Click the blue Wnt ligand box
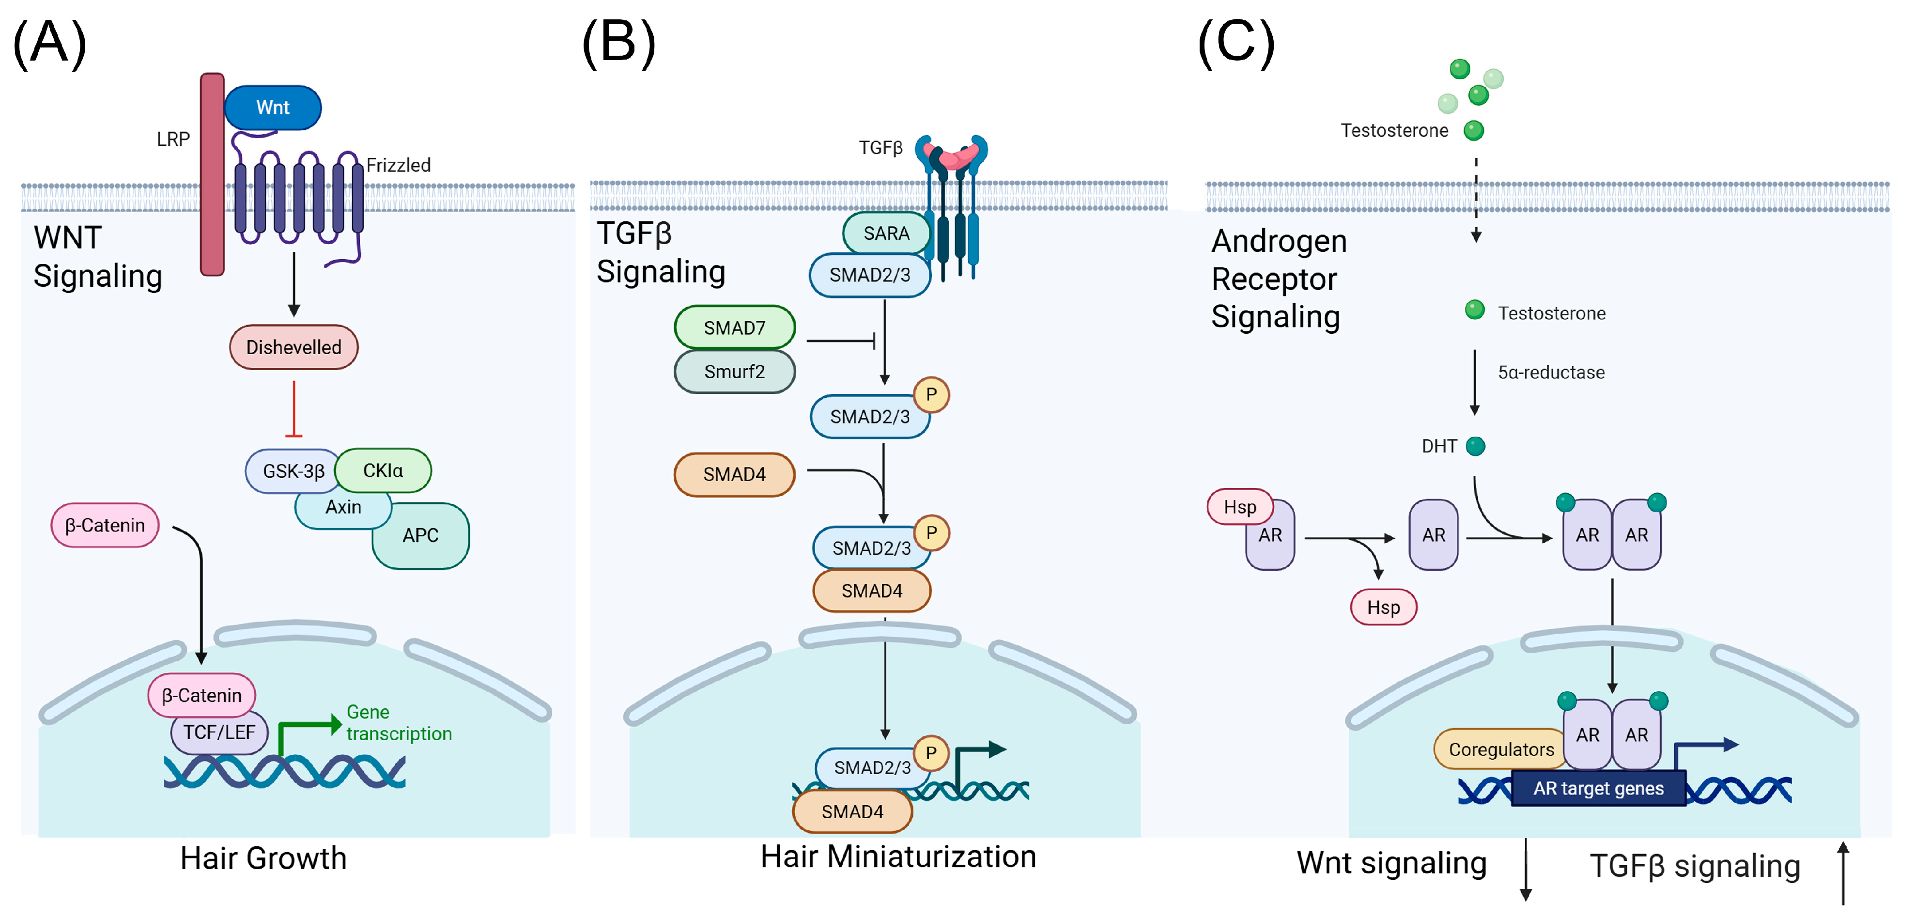click(x=273, y=108)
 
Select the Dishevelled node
click(x=293, y=347)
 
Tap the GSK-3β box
click(x=293, y=471)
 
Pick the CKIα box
click(x=383, y=470)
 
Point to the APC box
click(x=421, y=535)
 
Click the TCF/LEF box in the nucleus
click(x=219, y=733)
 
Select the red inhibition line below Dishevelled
click(x=294, y=409)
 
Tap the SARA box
click(x=886, y=234)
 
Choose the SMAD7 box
click(x=734, y=327)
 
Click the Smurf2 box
click(x=734, y=372)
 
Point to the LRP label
click(x=173, y=140)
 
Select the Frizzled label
click(x=399, y=165)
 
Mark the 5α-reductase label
click(x=1551, y=372)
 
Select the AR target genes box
click(x=1598, y=788)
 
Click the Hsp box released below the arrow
click(x=1383, y=607)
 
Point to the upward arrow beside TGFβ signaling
click(x=1843, y=873)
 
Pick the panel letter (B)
click(x=618, y=43)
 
